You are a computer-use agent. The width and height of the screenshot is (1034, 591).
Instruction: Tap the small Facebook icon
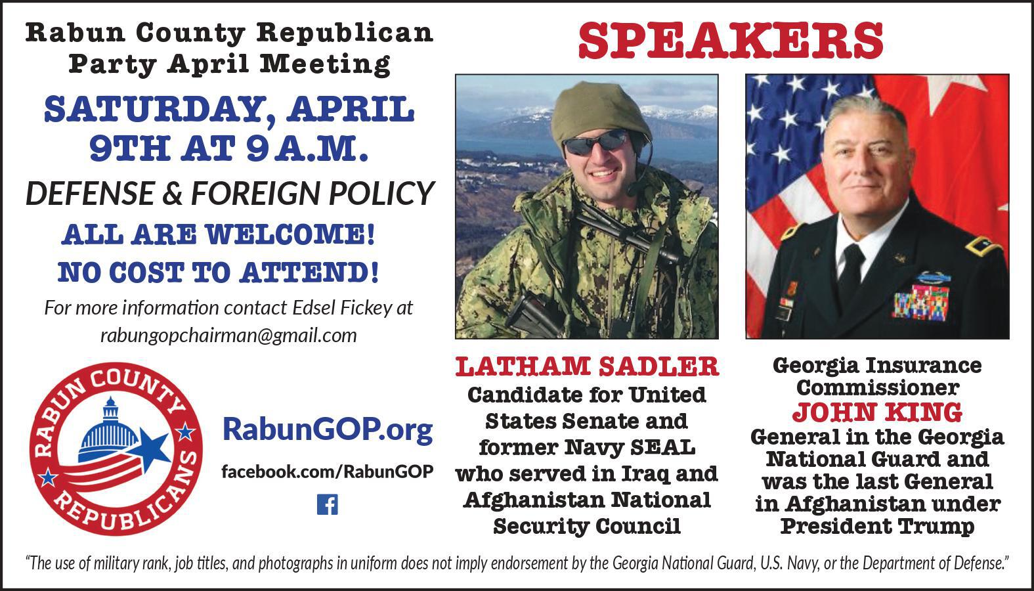(x=327, y=504)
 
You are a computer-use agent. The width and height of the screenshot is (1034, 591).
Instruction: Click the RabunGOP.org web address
(x=328, y=429)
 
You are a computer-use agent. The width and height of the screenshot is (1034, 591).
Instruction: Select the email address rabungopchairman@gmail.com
(x=228, y=336)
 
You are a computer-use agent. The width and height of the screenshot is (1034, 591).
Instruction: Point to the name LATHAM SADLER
(x=587, y=367)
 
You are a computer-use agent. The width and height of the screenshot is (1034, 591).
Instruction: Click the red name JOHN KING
(x=877, y=412)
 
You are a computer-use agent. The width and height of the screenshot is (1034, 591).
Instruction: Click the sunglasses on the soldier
(x=595, y=142)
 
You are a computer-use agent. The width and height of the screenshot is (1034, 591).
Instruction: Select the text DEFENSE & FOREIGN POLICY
(x=230, y=193)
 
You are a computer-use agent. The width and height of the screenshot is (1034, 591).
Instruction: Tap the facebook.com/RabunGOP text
(x=327, y=471)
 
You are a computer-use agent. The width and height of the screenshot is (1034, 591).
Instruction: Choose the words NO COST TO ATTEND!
(x=218, y=272)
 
